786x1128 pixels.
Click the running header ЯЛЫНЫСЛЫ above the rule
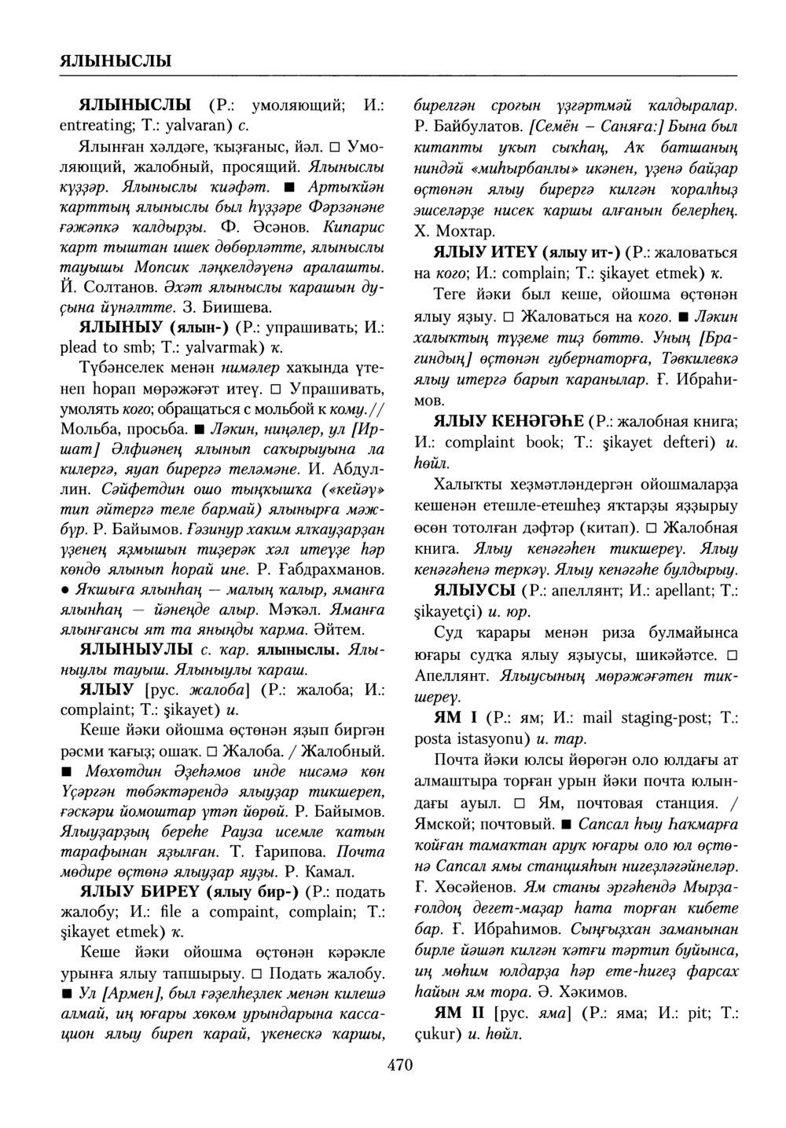(116, 60)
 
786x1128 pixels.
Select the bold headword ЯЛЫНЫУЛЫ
(138, 650)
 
